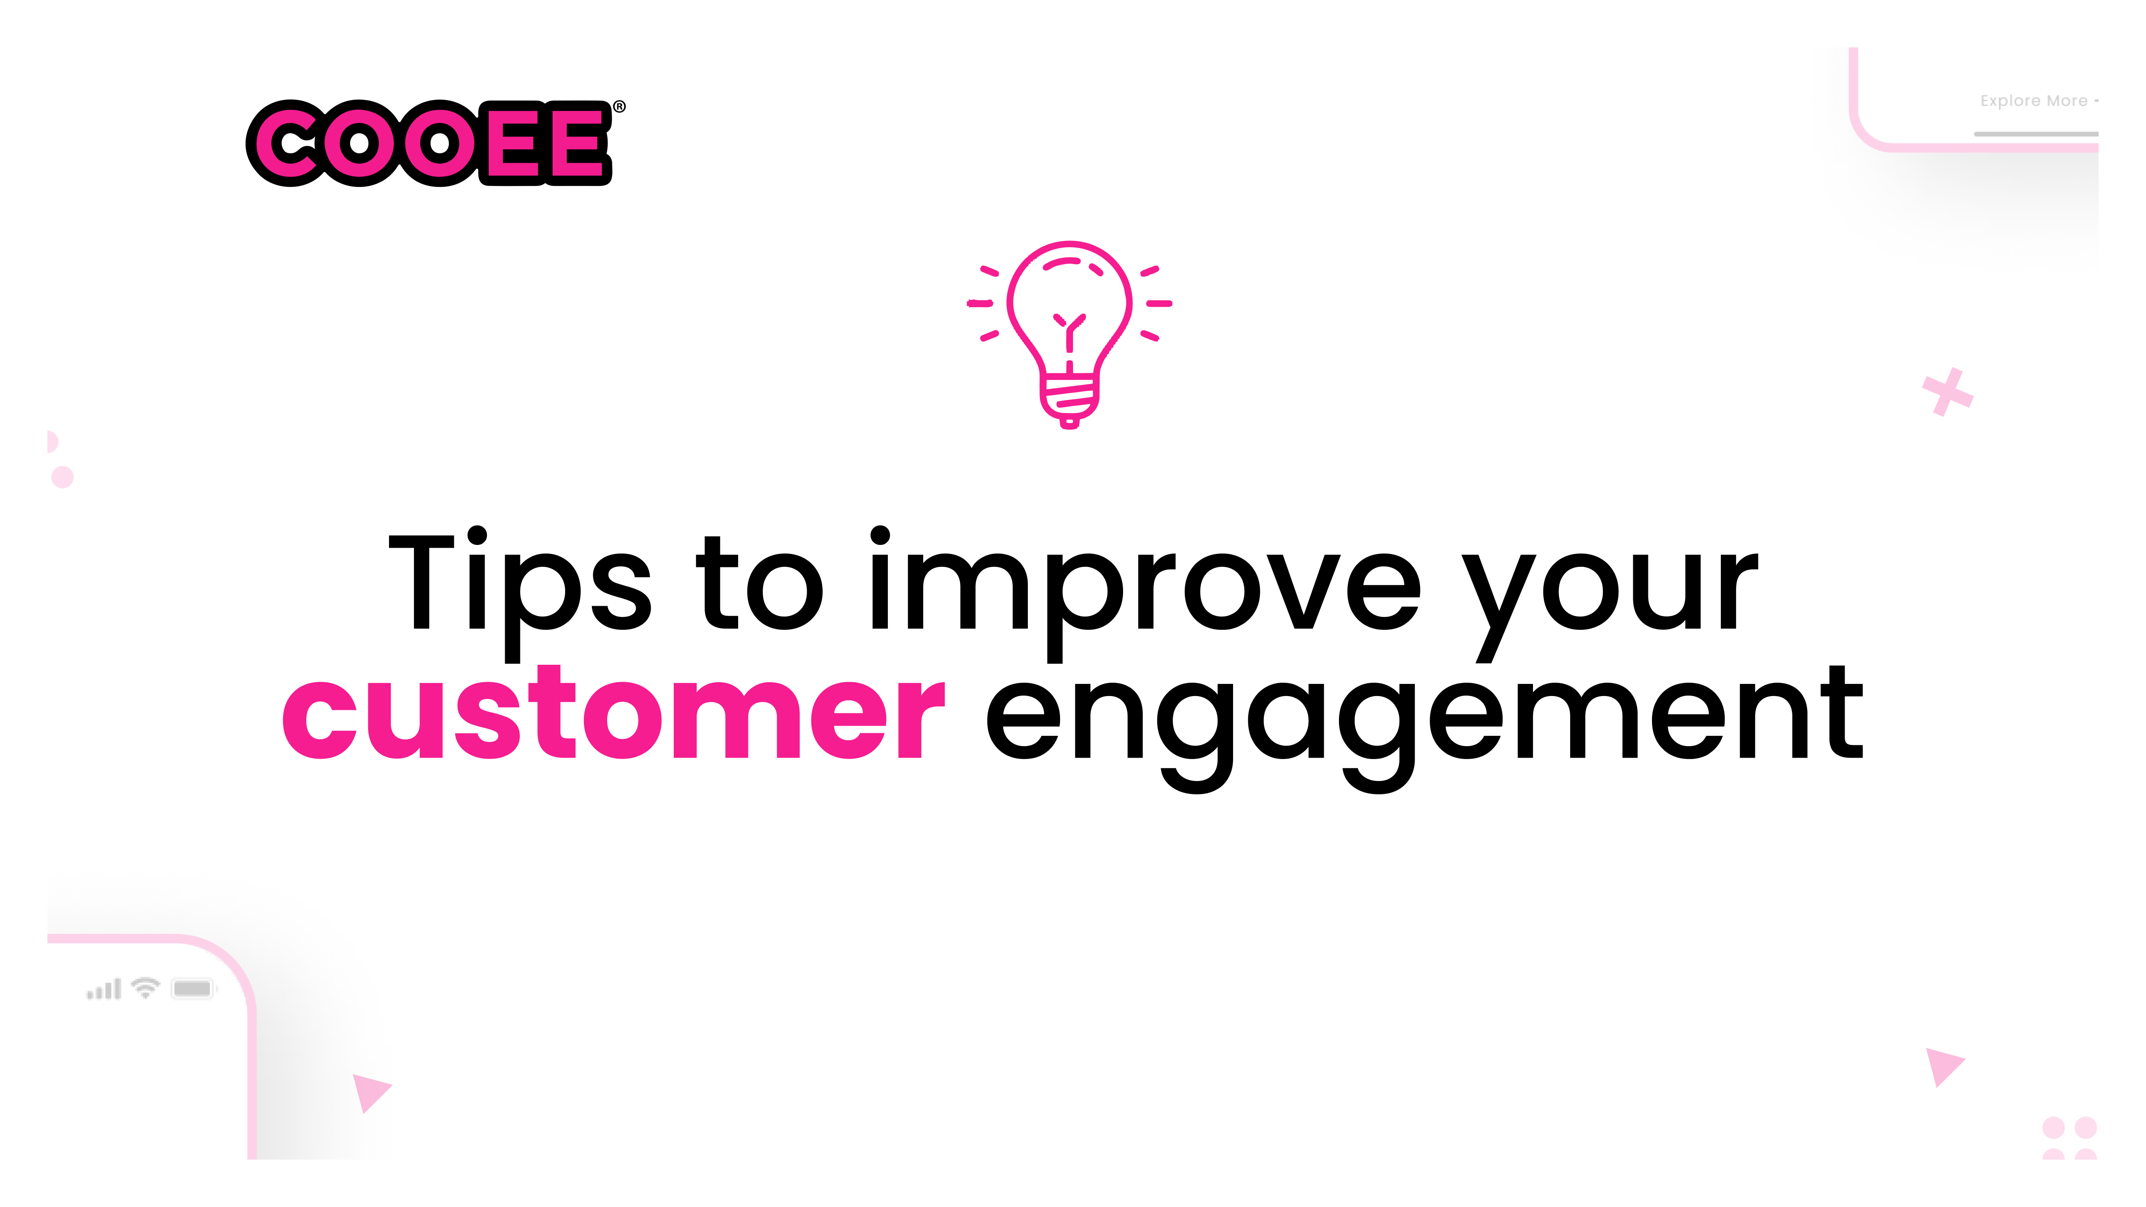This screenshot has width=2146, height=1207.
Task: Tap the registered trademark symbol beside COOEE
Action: click(x=619, y=107)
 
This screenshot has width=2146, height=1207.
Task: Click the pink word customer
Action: click(x=614, y=712)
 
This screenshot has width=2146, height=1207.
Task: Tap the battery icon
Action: click(x=192, y=989)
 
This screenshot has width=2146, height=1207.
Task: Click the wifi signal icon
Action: click(x=146, y=988)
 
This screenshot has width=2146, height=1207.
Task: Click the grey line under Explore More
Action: click(x=2035, y=133)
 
